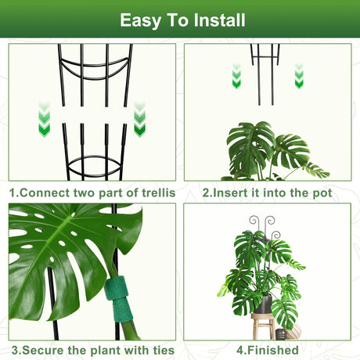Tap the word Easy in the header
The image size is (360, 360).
pos(140,21)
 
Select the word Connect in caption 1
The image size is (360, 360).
pos(45,193)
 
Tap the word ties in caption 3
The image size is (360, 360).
pos(164,350)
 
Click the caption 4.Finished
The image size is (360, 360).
pos(268,350)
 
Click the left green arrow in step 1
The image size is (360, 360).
pos(44,120)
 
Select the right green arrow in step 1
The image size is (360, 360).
pos(139,120)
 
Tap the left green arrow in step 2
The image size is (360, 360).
pos(236,76)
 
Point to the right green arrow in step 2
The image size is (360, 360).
pos(299,76)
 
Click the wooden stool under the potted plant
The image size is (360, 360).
pos(264,326)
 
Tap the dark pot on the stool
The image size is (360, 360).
pos(264,304)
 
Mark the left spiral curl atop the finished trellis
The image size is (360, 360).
pos(254,221)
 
